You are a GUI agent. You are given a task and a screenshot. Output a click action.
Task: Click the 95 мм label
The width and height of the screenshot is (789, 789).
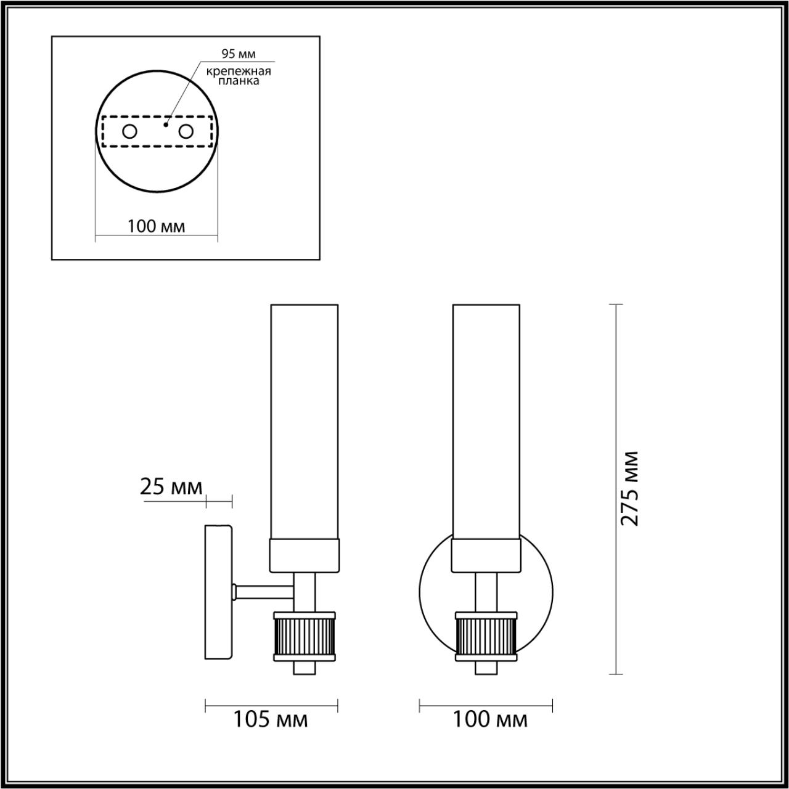tap(239, 54)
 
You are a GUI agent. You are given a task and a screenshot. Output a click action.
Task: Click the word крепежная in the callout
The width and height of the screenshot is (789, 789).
tap(239, 72)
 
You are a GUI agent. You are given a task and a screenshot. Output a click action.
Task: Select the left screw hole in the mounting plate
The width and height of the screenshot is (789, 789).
tap(129, 131)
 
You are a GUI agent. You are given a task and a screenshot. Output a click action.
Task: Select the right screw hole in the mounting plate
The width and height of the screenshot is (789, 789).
tap(186, 131)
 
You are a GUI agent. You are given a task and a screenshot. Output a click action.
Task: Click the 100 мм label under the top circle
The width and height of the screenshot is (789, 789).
tap(156, 226)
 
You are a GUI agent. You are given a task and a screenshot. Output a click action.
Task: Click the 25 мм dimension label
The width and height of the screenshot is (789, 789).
tap(171, 488)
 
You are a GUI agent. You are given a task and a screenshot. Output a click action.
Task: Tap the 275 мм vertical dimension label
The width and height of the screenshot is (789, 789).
tap(629, 488)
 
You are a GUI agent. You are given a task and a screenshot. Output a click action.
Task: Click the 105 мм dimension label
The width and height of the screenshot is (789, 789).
tap(270, 719)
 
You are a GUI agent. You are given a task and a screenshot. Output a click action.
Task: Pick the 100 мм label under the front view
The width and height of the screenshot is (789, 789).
tap(490, 719)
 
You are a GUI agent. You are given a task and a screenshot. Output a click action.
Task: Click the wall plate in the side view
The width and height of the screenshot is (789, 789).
tap(218, 592)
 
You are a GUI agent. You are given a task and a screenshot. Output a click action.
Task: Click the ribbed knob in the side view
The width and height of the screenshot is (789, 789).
tap(304, 636)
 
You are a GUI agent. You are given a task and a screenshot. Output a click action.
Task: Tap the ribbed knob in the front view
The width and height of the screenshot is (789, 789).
tap(486, 636)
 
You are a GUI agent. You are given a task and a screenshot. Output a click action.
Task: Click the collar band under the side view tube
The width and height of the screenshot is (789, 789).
tap(304, 554)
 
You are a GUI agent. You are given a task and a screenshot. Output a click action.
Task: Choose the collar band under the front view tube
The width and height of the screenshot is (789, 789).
tap(486, 554)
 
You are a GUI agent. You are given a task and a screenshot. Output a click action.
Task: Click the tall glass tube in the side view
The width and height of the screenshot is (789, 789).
tap(304, 419)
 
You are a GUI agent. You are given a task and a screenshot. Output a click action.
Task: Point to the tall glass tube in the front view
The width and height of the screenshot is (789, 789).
tap(486, 419)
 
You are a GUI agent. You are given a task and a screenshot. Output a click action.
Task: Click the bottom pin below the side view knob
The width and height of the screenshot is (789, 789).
tap(304, 668)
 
